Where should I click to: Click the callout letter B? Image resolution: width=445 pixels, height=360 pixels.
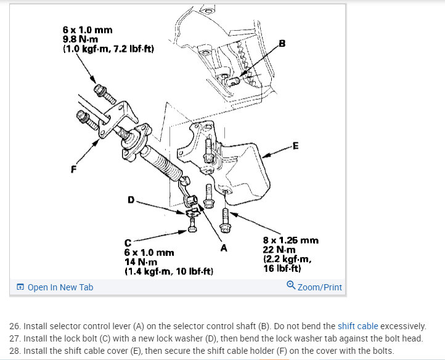[x=282, y=43]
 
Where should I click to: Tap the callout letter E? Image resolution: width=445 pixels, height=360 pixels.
[x=296, y=146]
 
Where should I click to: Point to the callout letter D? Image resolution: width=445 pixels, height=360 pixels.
[x=130, y=200]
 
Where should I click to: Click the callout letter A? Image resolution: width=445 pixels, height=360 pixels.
[x=224, y=248]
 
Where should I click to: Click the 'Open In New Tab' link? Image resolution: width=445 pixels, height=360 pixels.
[x=60, y=287]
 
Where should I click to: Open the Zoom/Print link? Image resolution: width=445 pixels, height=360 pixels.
[x=319, y=287]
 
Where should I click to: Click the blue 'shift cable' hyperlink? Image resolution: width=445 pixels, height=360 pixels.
[x=358, y=326]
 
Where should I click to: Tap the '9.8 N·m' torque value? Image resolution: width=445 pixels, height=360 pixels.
[x=79, y=39]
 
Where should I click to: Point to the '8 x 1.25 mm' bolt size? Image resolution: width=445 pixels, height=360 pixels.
[x=290, y=240]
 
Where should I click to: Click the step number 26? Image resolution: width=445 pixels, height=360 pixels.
[x=15, y=326]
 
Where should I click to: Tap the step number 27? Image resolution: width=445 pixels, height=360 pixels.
[x=15, y=338]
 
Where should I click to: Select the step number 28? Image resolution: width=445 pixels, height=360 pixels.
[x=15, y=351]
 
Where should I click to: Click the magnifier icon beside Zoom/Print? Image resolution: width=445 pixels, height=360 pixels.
[x=291, y=285]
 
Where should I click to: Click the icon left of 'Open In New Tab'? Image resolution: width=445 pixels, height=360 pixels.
[x=20, y=288]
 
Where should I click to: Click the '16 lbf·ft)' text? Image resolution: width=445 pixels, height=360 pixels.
[x=282, y=268]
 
